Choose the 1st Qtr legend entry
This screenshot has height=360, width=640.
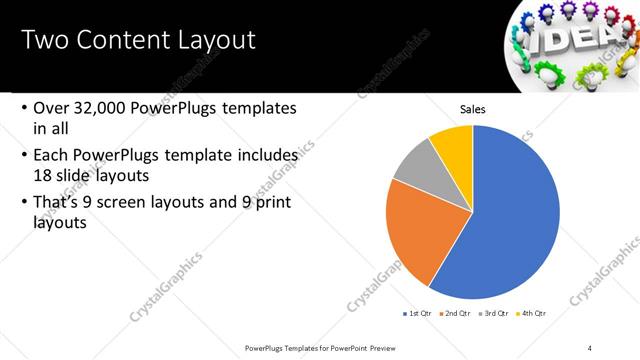tap(418, 313)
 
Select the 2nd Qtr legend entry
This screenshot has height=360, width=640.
tap(457, 313)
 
